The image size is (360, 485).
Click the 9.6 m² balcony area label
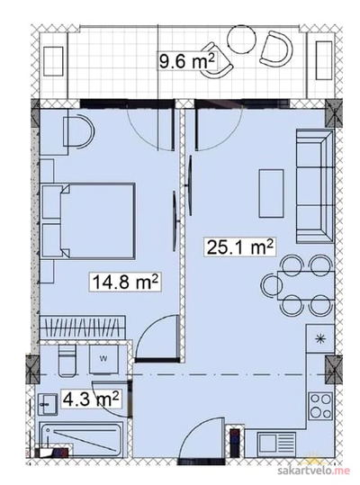tap(187, 60)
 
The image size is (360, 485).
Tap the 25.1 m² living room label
tap(239, 247)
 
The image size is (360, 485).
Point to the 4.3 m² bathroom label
tap(91, 399)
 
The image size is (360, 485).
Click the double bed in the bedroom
tap(88, 220)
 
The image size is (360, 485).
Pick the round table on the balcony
tap(241, 38)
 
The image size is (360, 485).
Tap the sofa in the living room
tap(315, 186)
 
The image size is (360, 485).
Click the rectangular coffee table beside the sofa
tap(271, 193)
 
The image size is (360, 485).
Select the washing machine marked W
tap(103, 359)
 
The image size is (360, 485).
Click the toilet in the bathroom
tap(67, 360)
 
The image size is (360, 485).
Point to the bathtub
tap(82, 439)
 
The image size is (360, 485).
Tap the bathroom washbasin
tap(48, 404)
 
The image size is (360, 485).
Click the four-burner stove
tap(321, 406)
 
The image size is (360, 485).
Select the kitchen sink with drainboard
tap(276, 444)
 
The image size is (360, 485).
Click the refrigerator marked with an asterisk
tap(320, 338)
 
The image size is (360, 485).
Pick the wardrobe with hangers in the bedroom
tap(83, 328)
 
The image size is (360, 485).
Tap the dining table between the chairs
tap(306, 285)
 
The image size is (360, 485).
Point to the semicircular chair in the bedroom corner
tap(78, 130)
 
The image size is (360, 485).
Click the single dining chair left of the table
tap(272, 285)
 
